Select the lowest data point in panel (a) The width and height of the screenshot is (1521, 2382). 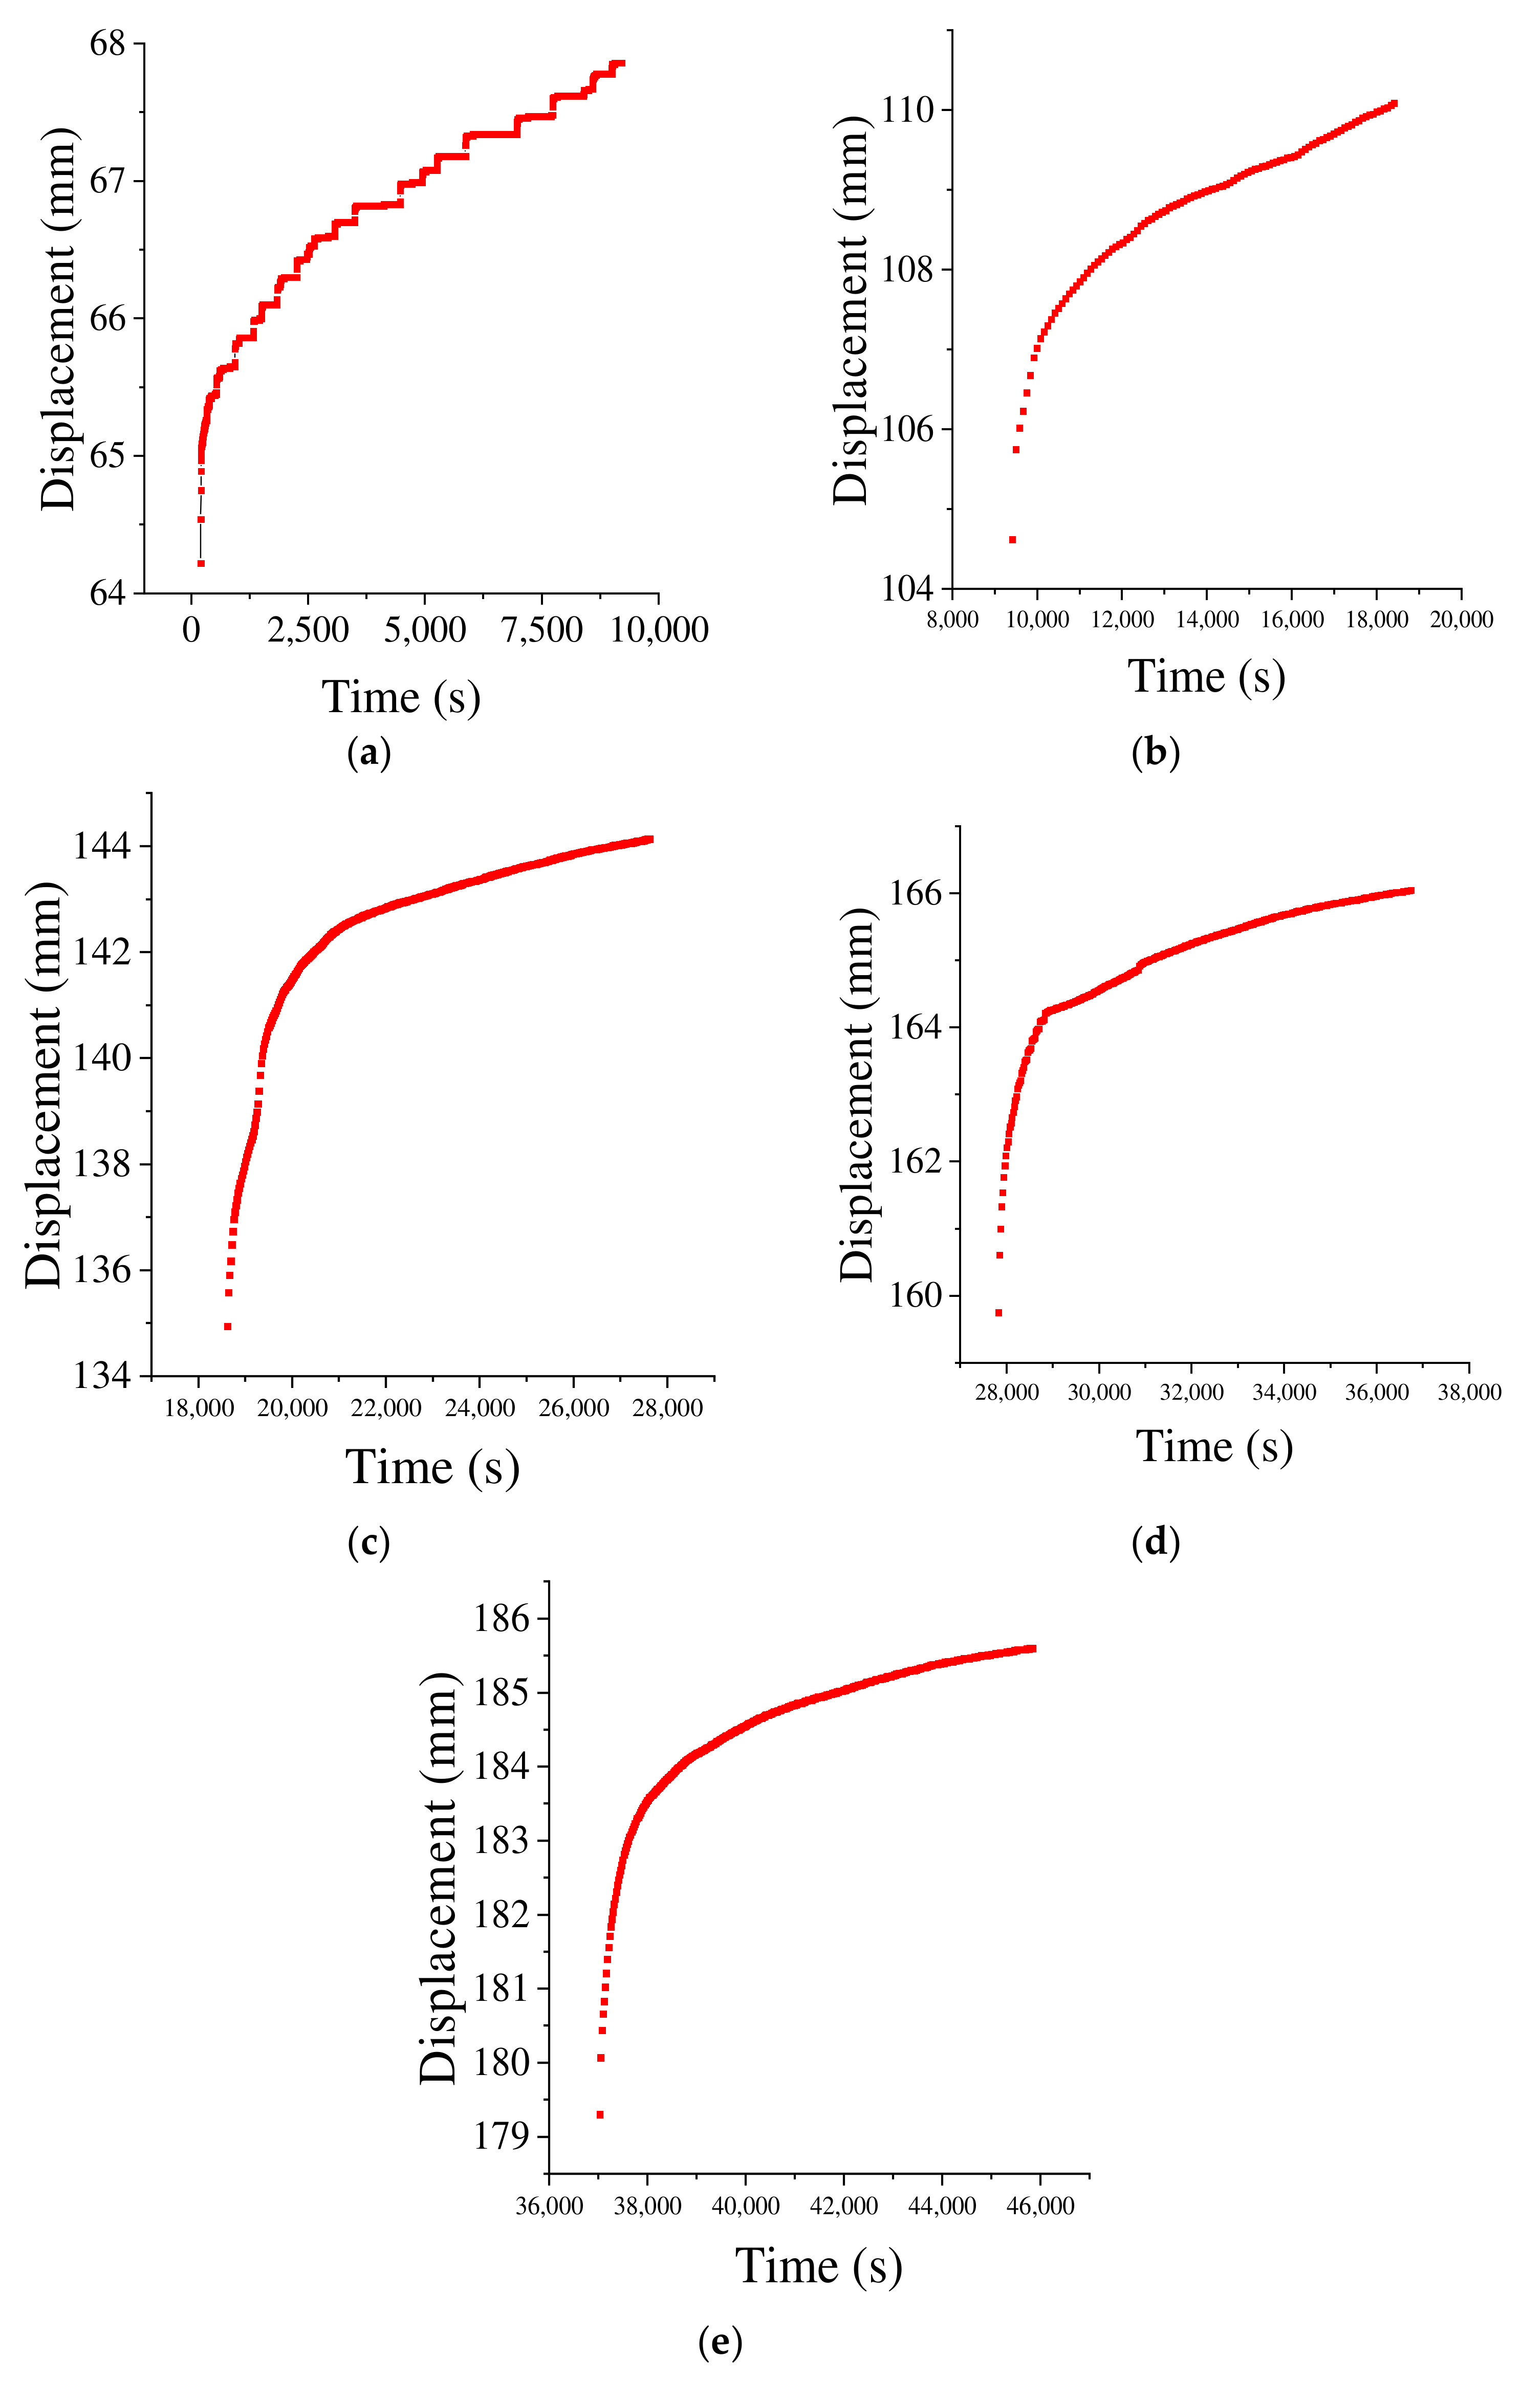coord(201,563)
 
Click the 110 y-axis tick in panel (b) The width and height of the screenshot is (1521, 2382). coord(907,110)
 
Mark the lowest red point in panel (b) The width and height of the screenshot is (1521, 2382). coord(1012,539)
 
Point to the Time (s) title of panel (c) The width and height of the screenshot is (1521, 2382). coord(432,1467)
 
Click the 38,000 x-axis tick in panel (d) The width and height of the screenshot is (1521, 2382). coord(1469,1393)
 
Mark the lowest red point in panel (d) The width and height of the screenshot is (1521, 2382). coord(998,1313)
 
